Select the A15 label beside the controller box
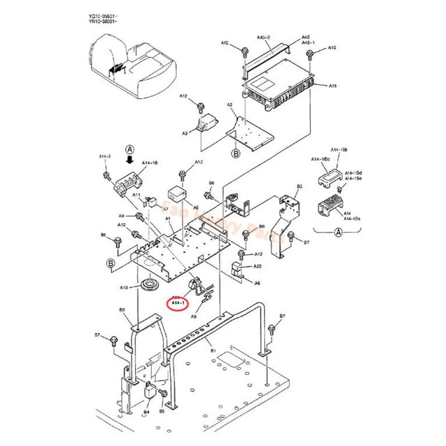(332, 86)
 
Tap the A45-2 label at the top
(263, 36)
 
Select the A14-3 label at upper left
(105, 156)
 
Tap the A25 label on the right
(257, 266)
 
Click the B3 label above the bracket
(299, 187)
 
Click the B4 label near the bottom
(146, 412)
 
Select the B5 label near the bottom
(162, 412)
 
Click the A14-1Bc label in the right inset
(320, 160)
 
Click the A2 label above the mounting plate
(230, 105)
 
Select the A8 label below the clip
(194, 316)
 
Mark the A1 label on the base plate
(168, 219)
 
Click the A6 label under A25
(257, 282)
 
